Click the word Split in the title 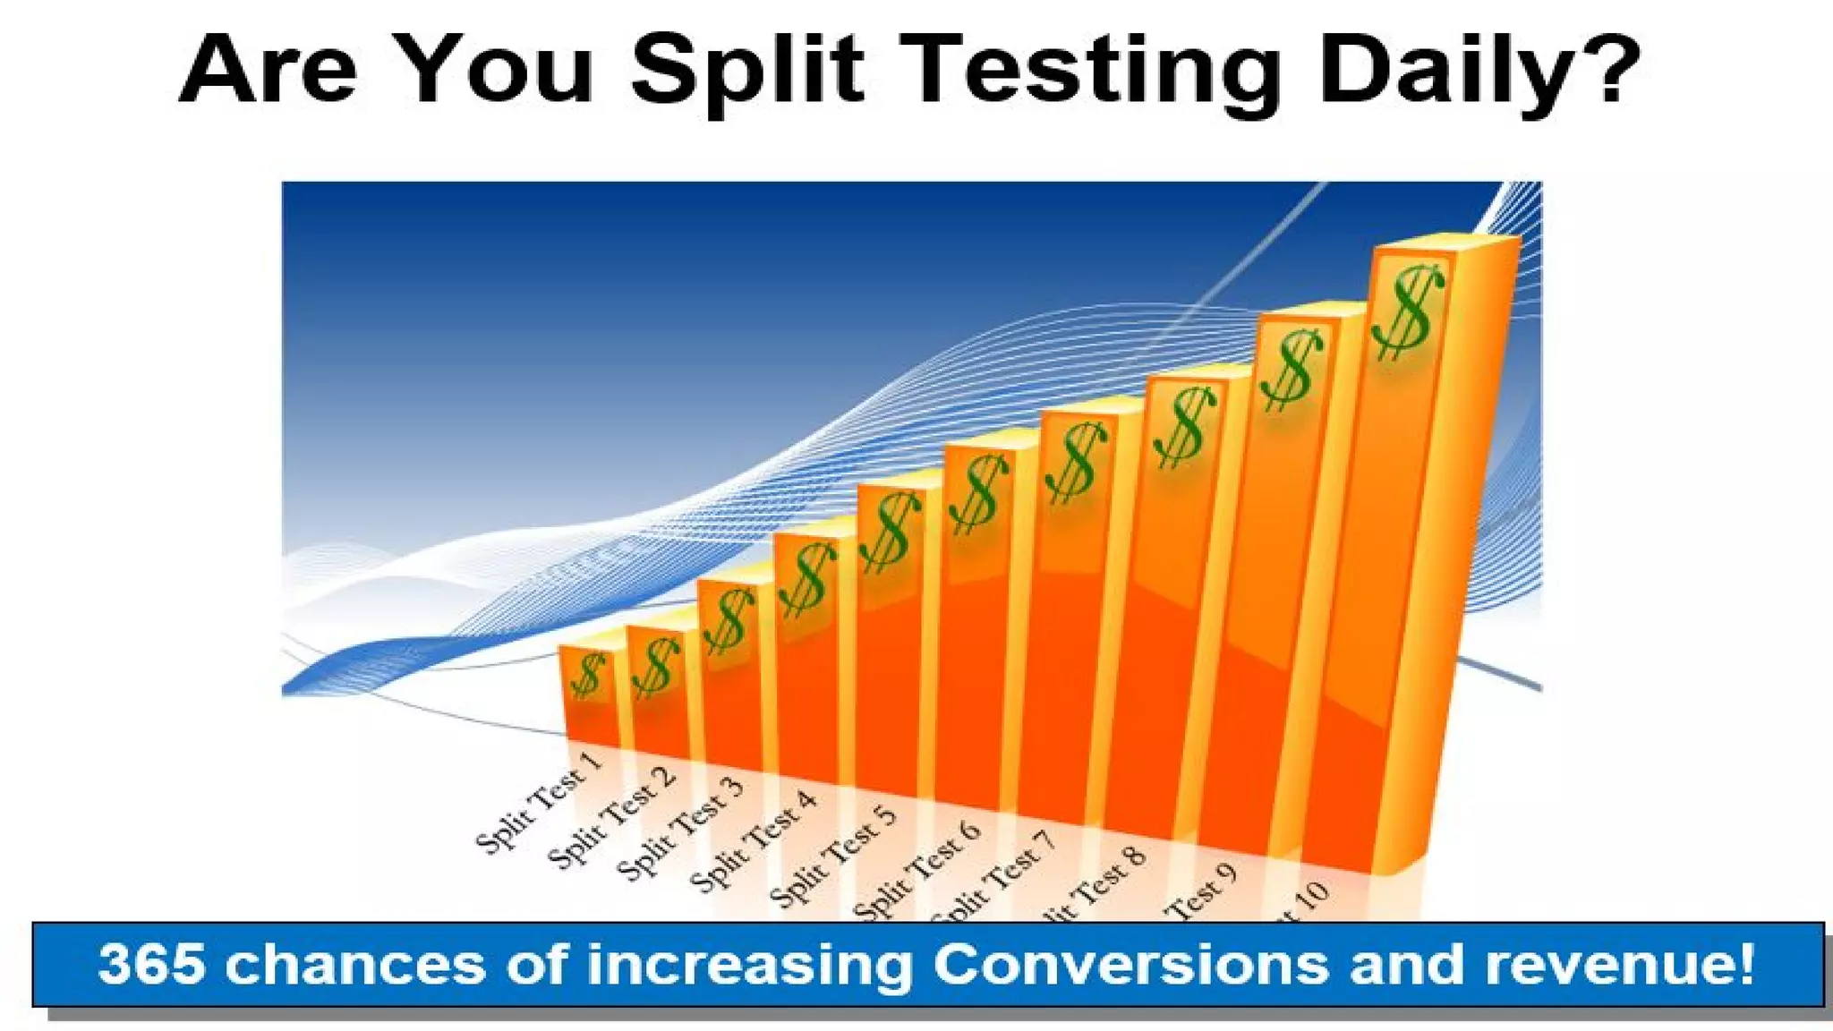(747, 72)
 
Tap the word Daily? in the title (1477, 72)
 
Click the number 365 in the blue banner (152, 965)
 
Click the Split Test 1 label (539, 803)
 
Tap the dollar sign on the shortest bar (588, 675)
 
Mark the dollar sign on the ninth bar (1290, 369)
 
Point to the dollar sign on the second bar (655, 667)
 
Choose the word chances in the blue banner (354, 965)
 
